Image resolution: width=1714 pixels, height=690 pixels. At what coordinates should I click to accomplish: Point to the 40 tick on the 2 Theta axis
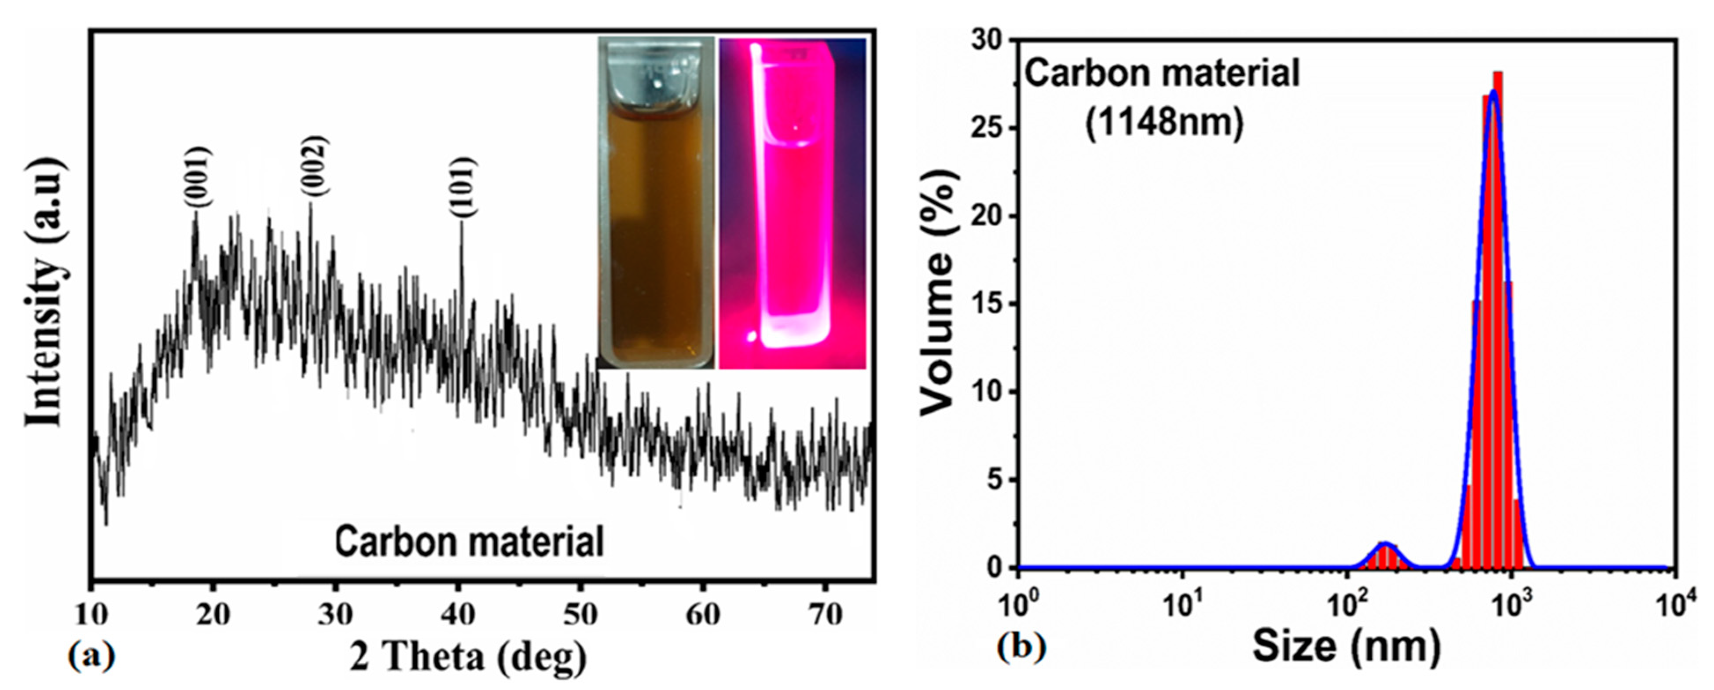pos(458,613)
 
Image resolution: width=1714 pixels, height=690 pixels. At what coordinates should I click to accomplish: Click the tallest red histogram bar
pos(1498,319)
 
